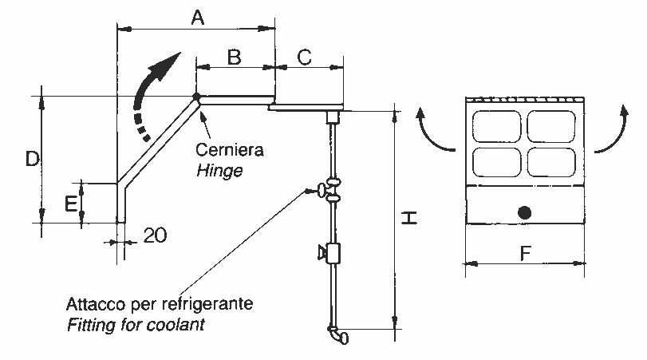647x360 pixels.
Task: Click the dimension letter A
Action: [198, 18]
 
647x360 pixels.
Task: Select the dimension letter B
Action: [234, 57]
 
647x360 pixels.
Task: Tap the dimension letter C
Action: [305, 57]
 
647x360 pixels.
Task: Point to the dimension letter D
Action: [32, 159]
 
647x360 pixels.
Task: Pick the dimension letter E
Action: [70, 204]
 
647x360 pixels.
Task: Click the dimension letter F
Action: [525, 253]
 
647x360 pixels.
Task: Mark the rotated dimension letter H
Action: [410, 218]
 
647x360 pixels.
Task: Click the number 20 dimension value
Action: [155, 235]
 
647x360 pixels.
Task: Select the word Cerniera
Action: [230, 149]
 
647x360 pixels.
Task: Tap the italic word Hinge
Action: [219, 171]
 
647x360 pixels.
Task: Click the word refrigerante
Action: [207, 304]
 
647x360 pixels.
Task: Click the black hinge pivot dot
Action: [196, 97]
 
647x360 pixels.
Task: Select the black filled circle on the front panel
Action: [524, 212]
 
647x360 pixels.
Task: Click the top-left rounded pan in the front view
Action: [497, 126]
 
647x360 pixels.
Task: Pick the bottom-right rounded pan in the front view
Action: [551, 162]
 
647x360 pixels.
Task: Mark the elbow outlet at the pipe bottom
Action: [339, 335]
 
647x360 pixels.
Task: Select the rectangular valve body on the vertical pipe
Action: [333, 254]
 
